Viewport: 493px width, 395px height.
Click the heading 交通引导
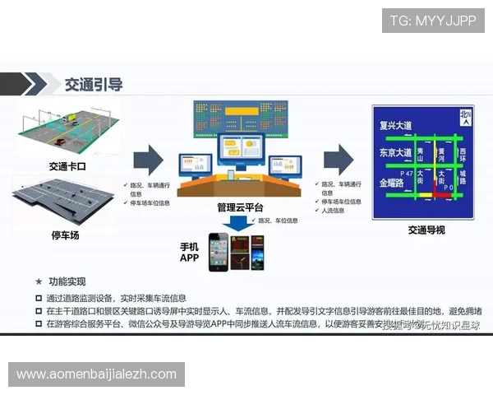click(x=94, y=84)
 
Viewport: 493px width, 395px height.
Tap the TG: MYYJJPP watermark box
click(x=433, y=20)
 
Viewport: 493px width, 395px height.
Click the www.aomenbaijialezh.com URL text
click(x=96, y=374)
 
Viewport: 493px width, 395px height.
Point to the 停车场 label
click(x=65, y=235)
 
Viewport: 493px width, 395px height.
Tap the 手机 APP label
click(x=190, y=253)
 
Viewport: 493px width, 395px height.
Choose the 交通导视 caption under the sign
click(x=426, y=230)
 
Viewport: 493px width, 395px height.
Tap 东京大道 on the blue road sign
click(x=394, y=154)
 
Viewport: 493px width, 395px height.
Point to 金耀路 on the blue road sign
click(x=391, y=182)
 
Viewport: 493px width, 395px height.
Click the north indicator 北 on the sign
click(x=466, y=115)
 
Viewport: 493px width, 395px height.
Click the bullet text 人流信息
click(x=334, y=210)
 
